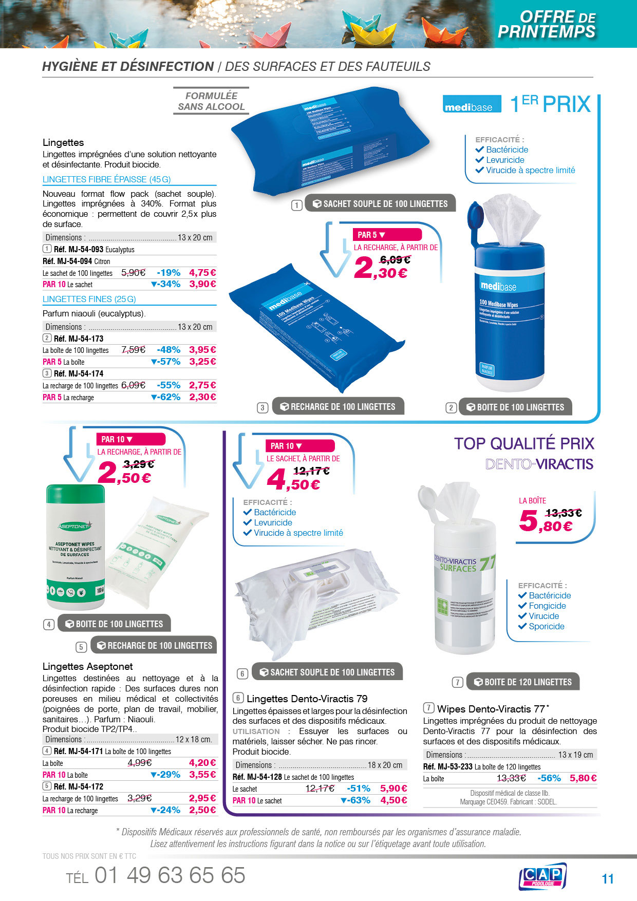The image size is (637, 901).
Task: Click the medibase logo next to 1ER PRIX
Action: (x=472, y=104)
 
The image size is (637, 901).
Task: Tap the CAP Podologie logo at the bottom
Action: (x=542, y=876)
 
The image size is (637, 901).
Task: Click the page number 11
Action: (x=608, y=879)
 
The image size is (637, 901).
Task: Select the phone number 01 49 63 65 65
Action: (x=170, y=875)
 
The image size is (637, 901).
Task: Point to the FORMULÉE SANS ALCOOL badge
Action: (x=211, y=101)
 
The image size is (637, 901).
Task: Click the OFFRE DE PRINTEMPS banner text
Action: (x=547, y=24)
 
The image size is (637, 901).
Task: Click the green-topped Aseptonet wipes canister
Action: (x=76, y=547)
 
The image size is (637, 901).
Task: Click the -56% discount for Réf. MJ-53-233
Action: (x=549, y=778)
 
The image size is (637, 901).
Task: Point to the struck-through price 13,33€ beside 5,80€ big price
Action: (x=563, y=513)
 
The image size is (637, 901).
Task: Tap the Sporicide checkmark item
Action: (x=546, y=626)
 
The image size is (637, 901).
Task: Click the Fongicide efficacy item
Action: (x=547, y=606)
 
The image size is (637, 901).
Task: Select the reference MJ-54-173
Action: (x=78, y=339)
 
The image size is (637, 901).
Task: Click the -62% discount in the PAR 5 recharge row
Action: (x=166, y=397)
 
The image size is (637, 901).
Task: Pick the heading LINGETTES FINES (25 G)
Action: (x=89, y=299)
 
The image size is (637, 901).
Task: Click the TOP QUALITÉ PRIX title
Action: (x=523, y=443)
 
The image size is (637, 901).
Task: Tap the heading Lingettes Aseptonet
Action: (x=87, y=666)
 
